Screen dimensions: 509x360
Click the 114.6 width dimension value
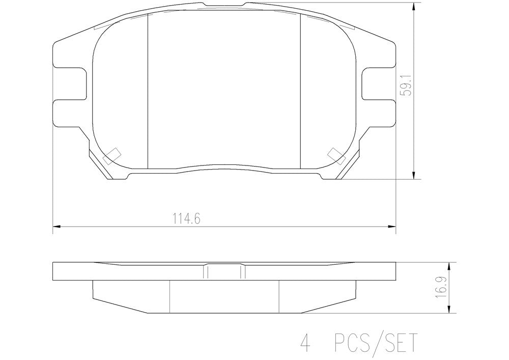[186, 219]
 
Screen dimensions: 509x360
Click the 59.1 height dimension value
[406, 85]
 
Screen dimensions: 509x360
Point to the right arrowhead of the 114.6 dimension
[391, 226]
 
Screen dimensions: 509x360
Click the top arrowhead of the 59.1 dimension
[413, 8]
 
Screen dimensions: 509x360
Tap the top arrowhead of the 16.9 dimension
[449, 267]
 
